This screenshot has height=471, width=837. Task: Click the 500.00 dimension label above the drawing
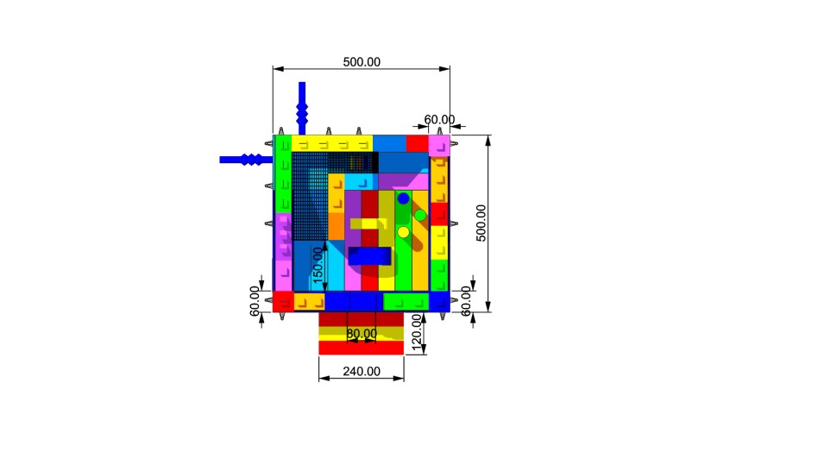click(x=362, y=62)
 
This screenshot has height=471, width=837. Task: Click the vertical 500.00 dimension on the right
click(x=481, y=223)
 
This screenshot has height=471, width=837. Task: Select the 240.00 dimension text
click(x=362, y=371)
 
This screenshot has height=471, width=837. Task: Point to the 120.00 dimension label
click(x=417, y=332)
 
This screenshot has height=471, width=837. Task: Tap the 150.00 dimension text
click(x=318, y=265)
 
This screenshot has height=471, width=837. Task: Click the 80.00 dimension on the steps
click(x=362, y=334)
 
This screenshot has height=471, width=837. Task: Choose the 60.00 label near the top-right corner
click(x=439, y=120)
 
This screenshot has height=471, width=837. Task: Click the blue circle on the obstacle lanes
click(x=403, y=198)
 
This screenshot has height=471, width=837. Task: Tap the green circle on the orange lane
click(x=420, y=216)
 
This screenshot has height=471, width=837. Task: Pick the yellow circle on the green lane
click(x=403, y=232)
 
